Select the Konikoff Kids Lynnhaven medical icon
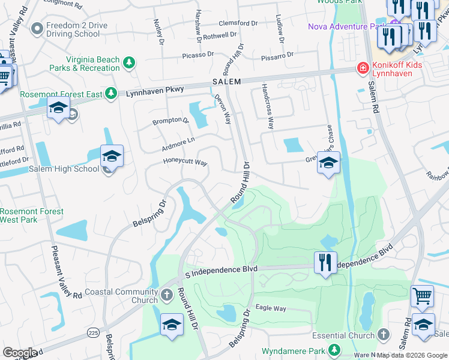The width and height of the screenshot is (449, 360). tap(363, 68)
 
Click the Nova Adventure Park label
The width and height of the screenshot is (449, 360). tap(346, 26)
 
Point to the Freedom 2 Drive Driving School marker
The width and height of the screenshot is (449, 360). tap(37, 28)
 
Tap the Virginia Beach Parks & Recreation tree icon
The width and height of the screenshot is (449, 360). tap(128, 63)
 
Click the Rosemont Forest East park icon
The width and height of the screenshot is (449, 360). tap(110, 94)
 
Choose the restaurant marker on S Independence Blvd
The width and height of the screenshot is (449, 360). tap(325, 262)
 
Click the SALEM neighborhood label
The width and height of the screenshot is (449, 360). tap(226, 82)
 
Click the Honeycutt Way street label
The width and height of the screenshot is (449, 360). tap(185, 162)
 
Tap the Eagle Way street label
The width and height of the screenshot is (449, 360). tap(271, 308)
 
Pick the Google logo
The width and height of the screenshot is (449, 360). tap(19, 353)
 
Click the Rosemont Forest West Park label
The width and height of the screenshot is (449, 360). tap(31, 215)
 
